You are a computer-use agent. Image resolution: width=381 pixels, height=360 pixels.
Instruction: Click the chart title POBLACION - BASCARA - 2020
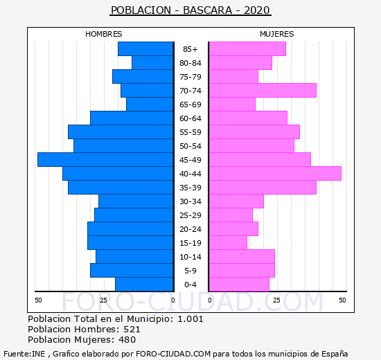190,10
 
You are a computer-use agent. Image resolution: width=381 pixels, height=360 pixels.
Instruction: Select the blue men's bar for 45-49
105,160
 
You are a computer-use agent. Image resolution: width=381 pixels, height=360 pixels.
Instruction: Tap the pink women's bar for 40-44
275,174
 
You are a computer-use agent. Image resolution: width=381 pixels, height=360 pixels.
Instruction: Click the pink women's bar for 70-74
263,91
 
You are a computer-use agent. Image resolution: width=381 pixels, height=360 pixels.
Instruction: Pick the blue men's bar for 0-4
144,285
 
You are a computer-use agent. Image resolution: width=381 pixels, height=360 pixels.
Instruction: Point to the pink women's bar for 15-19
228,243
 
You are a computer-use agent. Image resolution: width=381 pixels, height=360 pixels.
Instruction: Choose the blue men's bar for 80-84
152,63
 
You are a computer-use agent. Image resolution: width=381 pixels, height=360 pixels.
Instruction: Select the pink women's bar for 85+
247,49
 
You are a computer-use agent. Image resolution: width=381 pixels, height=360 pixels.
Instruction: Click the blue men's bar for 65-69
150,105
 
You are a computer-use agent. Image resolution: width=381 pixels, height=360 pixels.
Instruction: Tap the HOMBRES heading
103,34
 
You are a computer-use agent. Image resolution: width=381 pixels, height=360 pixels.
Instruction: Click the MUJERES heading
277,34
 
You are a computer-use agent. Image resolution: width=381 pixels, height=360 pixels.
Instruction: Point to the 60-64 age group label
190,118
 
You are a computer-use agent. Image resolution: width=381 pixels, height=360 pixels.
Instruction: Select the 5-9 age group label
190,271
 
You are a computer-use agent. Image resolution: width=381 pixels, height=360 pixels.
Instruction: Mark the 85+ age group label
190,49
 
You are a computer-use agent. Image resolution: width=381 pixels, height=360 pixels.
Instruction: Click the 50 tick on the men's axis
38,300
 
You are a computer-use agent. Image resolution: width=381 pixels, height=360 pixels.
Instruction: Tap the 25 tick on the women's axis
276,300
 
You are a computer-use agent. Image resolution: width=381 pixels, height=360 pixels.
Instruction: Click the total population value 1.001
190,318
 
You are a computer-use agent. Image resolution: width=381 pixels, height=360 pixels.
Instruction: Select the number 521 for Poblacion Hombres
132,329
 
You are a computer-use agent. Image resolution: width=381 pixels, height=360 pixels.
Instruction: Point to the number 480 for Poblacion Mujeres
127,340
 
